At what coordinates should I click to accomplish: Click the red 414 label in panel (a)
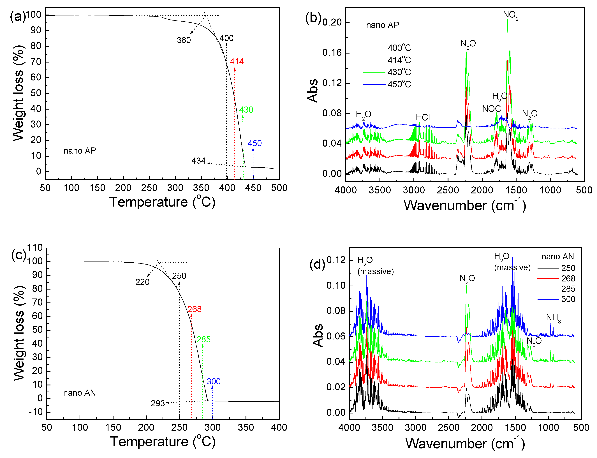coord(236,61)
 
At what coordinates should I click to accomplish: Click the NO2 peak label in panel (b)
coord(510,15)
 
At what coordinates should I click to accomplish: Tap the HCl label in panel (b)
coord(423,117)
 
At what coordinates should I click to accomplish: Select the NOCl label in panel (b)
coord(492,109)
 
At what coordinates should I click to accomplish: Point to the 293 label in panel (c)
coord(158,403)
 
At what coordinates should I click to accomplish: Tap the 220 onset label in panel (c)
coord(142,282)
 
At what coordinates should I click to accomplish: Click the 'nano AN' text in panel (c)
coord(79,393)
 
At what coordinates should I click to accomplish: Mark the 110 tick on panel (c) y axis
coord(35,247)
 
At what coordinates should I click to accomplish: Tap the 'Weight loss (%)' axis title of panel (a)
coord(18,93)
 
